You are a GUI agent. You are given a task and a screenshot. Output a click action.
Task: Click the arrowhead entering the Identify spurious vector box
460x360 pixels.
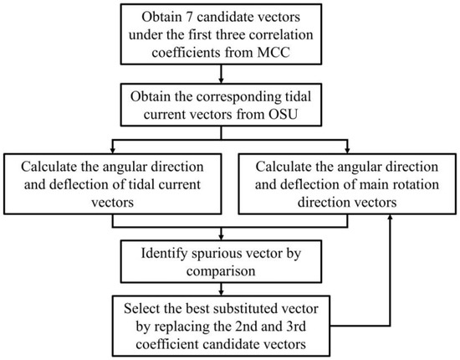tap(229, 237)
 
